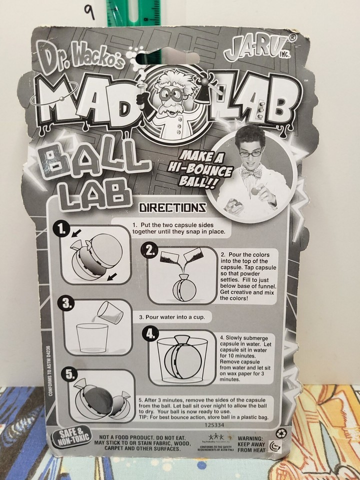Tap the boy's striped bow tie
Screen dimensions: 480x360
pyautogui.click(x=250, y=172)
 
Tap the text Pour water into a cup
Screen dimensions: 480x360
pyautogui.click(x=168, y=317)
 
